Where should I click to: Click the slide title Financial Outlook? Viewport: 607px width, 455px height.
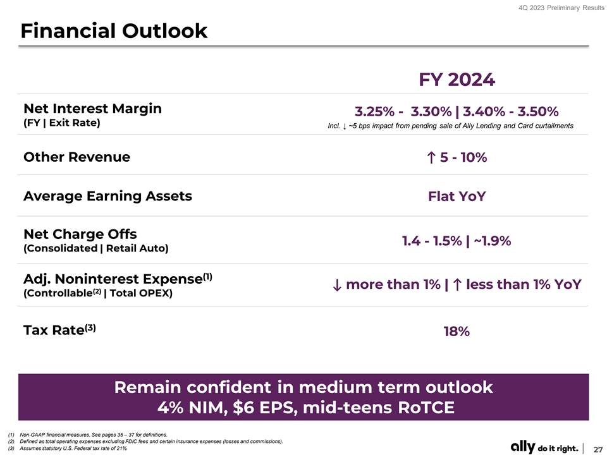(114, 30)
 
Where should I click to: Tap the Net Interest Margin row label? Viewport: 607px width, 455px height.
(92, 108)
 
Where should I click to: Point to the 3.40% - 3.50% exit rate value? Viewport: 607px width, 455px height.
(510, 112)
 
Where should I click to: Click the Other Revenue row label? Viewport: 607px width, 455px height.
(77, 157)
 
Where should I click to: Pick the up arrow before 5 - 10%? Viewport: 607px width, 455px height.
(431, 157)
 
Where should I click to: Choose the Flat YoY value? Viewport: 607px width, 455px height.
(457, 197)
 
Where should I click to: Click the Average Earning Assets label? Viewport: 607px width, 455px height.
(107, 196)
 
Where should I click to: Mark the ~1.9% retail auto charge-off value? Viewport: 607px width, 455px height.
(493, 241)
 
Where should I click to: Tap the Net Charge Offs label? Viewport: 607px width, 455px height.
(80, 234)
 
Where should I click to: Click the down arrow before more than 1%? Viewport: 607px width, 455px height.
(336, 285)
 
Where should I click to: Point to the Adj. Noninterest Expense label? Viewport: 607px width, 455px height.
(117, 279)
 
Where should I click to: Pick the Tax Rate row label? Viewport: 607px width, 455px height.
(59, 330)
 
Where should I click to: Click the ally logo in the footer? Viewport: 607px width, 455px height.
(522, 447)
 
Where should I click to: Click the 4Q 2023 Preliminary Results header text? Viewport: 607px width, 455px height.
(563, 7)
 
